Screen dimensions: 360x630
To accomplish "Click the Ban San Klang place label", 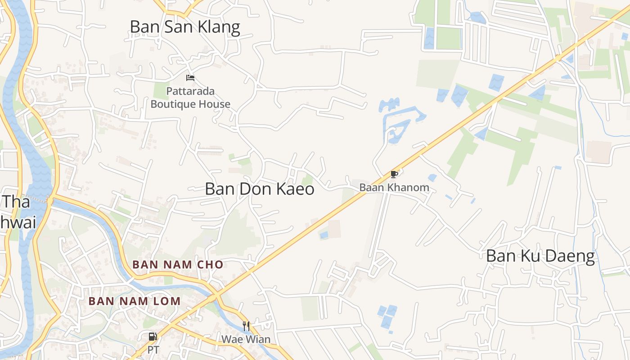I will [x=185, y=27].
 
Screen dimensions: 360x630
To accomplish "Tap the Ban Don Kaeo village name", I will [x=260, y=189].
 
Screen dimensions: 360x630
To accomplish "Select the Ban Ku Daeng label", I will [x=540, y=256].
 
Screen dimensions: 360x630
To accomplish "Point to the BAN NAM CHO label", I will [x=178, y=265].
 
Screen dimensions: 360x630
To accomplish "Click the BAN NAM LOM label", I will [x=135, y=301].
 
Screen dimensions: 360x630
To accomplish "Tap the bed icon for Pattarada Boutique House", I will [x=190, y=77].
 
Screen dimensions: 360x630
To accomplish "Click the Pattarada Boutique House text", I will [x=190, y=98].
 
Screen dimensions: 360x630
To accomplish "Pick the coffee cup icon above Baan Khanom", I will [x=394, y=174].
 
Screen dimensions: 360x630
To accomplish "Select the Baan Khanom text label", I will [x=394, y=188].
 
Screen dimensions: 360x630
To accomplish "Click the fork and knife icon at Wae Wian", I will [x=246, y=326].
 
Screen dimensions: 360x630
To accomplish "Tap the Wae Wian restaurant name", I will [x=246, y=339].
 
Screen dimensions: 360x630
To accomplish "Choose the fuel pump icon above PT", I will [x=153, y=337].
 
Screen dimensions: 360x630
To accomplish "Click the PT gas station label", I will [x=153, y=350].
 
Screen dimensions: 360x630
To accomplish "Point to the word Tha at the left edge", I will [x=17, y=202].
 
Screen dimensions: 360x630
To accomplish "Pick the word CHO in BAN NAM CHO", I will [x=211, y=265].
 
